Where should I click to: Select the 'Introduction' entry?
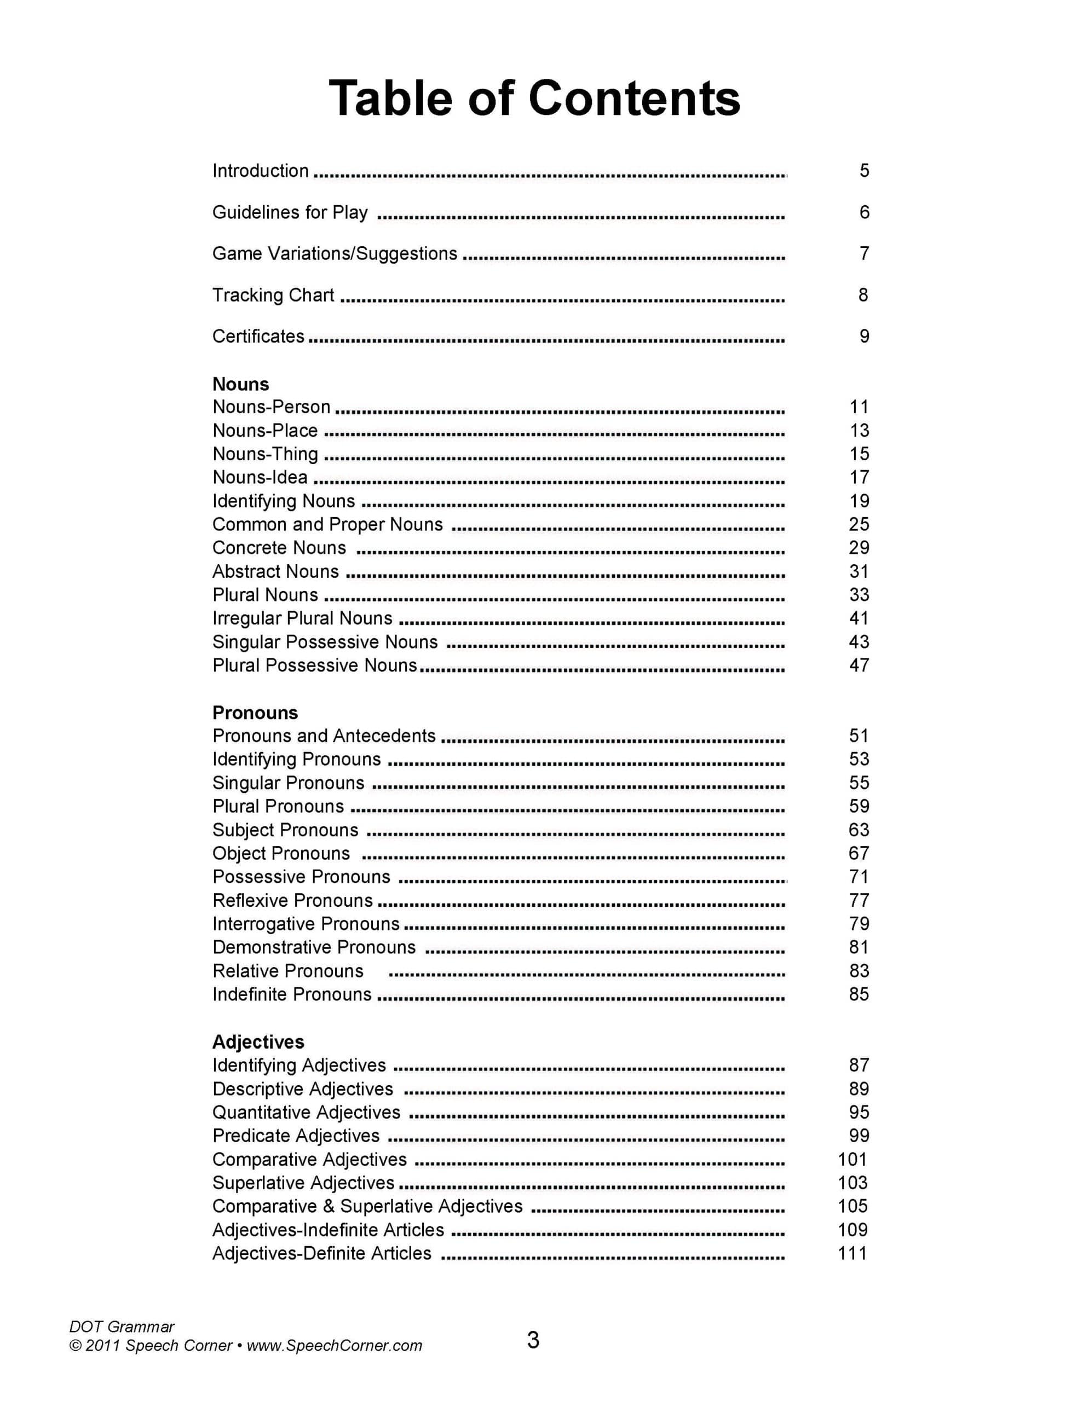coord(261,171)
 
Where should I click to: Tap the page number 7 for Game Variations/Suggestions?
coord(864,253)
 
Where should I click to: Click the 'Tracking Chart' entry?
coord(273,295)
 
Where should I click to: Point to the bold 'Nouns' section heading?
coord(241,384)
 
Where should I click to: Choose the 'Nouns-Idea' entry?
coord(260,477)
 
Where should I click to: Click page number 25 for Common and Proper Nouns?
coord(859,524)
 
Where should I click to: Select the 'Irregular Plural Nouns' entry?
coord(302,618)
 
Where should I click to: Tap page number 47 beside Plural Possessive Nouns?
coord(859,665)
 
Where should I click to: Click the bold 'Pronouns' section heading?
coord(255,713)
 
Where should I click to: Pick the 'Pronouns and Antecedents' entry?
coord(324,736)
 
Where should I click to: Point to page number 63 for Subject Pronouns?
coord(859,830)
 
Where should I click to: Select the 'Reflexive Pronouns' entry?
coord(293,901)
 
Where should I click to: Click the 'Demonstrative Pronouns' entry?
coord(314,947)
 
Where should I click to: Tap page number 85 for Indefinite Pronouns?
coord(859,994)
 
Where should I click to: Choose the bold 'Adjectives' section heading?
coord(258,1042)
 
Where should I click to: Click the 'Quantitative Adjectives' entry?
coord(306,1113)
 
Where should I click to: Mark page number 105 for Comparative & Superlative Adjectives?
coord(852,1206)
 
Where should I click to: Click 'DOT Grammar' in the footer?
coord(122,1327)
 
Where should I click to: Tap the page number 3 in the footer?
coord(533,1341)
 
